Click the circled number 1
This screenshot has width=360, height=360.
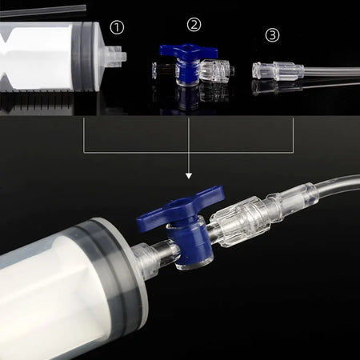click(117, 28)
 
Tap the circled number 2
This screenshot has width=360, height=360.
click(194, 24)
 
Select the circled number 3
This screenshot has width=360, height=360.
click(273, 34)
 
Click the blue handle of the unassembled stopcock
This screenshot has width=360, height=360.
click(188, 52)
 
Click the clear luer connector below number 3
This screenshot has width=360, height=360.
click(274, 70)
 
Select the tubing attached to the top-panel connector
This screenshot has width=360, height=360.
click(328, 74)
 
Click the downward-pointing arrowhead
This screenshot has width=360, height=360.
click(189, 174)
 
